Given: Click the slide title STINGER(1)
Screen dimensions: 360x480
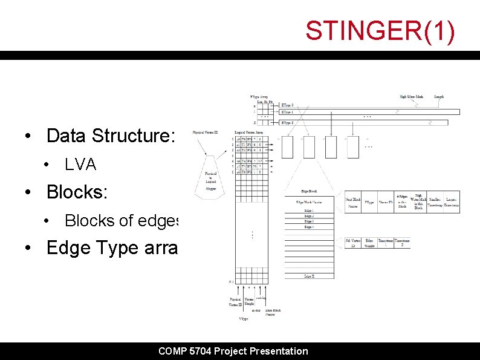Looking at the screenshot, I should [380, 31].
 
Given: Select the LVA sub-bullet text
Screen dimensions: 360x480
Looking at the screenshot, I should [80, 165].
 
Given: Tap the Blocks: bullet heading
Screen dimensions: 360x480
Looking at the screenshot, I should [77, 192].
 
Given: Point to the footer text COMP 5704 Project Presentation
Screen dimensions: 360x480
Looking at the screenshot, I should [233, 351].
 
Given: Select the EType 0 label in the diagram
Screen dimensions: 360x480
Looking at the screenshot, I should [288, 105].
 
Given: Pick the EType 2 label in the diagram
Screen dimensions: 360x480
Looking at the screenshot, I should [288, 122].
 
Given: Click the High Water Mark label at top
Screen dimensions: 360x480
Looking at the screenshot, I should [412, 96].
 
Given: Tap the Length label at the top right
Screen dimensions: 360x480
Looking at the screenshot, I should [439, 96].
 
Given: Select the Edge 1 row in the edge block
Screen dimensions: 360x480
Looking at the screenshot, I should [309, 210].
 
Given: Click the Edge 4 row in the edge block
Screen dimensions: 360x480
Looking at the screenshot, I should [309, 227].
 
